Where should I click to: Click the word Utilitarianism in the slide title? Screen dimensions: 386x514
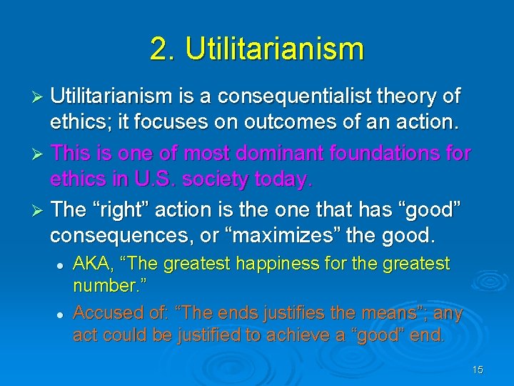pos(275,49)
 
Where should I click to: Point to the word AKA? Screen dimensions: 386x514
pos(92,264)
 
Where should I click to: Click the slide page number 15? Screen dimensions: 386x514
pos(478,369)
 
